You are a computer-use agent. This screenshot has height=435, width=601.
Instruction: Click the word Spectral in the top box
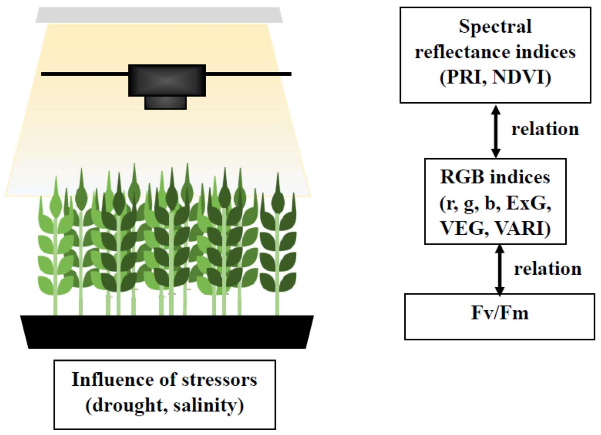(495, 27)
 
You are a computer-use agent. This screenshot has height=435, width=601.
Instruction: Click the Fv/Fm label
(500, 313)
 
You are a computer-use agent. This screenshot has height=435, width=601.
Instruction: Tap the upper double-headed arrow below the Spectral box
(496, 132)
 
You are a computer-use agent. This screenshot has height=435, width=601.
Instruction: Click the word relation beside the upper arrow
(545, 129)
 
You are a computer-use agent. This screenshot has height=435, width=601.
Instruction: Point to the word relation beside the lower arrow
(548, 269)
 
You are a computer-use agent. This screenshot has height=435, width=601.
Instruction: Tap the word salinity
(208, 406)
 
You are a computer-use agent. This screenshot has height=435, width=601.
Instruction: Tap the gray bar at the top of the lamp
(159, 15)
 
